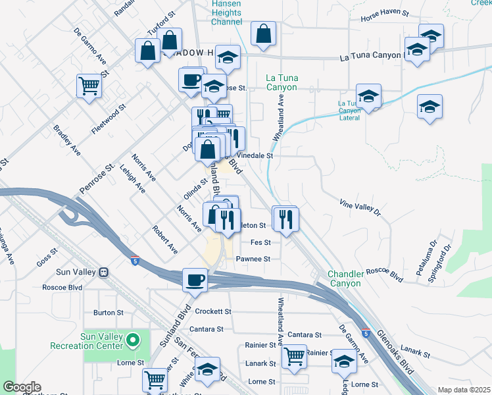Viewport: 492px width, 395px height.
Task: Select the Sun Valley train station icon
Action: click(x=103, y=272)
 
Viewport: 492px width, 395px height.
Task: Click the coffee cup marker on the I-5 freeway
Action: click(x=194, y=279)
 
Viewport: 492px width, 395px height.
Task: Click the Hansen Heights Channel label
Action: click(x=226, y=13)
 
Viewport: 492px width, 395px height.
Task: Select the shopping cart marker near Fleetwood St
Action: click(x=89, y=85)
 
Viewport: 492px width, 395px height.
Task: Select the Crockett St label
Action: click(x=211, y=311)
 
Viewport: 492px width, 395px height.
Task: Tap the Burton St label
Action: click(x=109, y=313)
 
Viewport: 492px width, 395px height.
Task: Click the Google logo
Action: click(x=22, y=387)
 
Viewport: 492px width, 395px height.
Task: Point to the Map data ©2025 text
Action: click(x=464, y=390)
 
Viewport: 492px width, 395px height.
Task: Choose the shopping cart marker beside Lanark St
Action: click(x=294, y=356)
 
